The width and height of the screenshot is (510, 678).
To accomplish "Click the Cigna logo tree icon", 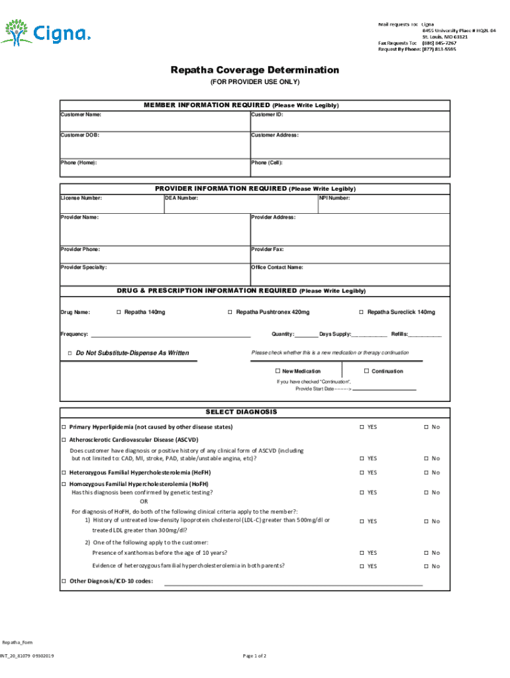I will point(15,31).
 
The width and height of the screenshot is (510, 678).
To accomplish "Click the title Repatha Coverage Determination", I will point(255,70).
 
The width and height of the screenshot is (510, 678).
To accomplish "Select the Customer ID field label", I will point(267,115).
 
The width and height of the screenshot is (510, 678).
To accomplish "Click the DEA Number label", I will point(182,198).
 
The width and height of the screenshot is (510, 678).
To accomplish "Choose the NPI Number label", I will point(335,198).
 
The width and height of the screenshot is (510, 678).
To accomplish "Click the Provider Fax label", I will point(268,250).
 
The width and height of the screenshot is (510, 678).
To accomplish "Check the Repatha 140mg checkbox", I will point(119,312).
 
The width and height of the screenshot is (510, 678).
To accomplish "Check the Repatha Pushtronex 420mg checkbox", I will point(230,312).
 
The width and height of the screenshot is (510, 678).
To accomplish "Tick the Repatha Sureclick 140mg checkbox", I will point(362,312).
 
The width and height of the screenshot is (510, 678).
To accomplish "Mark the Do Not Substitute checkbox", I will point(70,353).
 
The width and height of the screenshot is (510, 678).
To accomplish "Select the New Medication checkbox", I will point(277,371).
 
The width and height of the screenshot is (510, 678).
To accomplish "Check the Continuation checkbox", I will point(366,371).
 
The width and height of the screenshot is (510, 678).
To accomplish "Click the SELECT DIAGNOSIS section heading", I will point(255,412).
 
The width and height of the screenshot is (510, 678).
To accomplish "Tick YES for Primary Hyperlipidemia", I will point(362,427).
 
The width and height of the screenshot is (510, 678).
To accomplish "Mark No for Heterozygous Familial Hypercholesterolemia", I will point(427,473).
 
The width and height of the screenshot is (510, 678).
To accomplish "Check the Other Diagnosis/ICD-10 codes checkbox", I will point(64,581).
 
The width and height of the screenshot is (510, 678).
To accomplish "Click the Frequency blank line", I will point(170,336).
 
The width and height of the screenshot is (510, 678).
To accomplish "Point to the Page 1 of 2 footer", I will point(255,656).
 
